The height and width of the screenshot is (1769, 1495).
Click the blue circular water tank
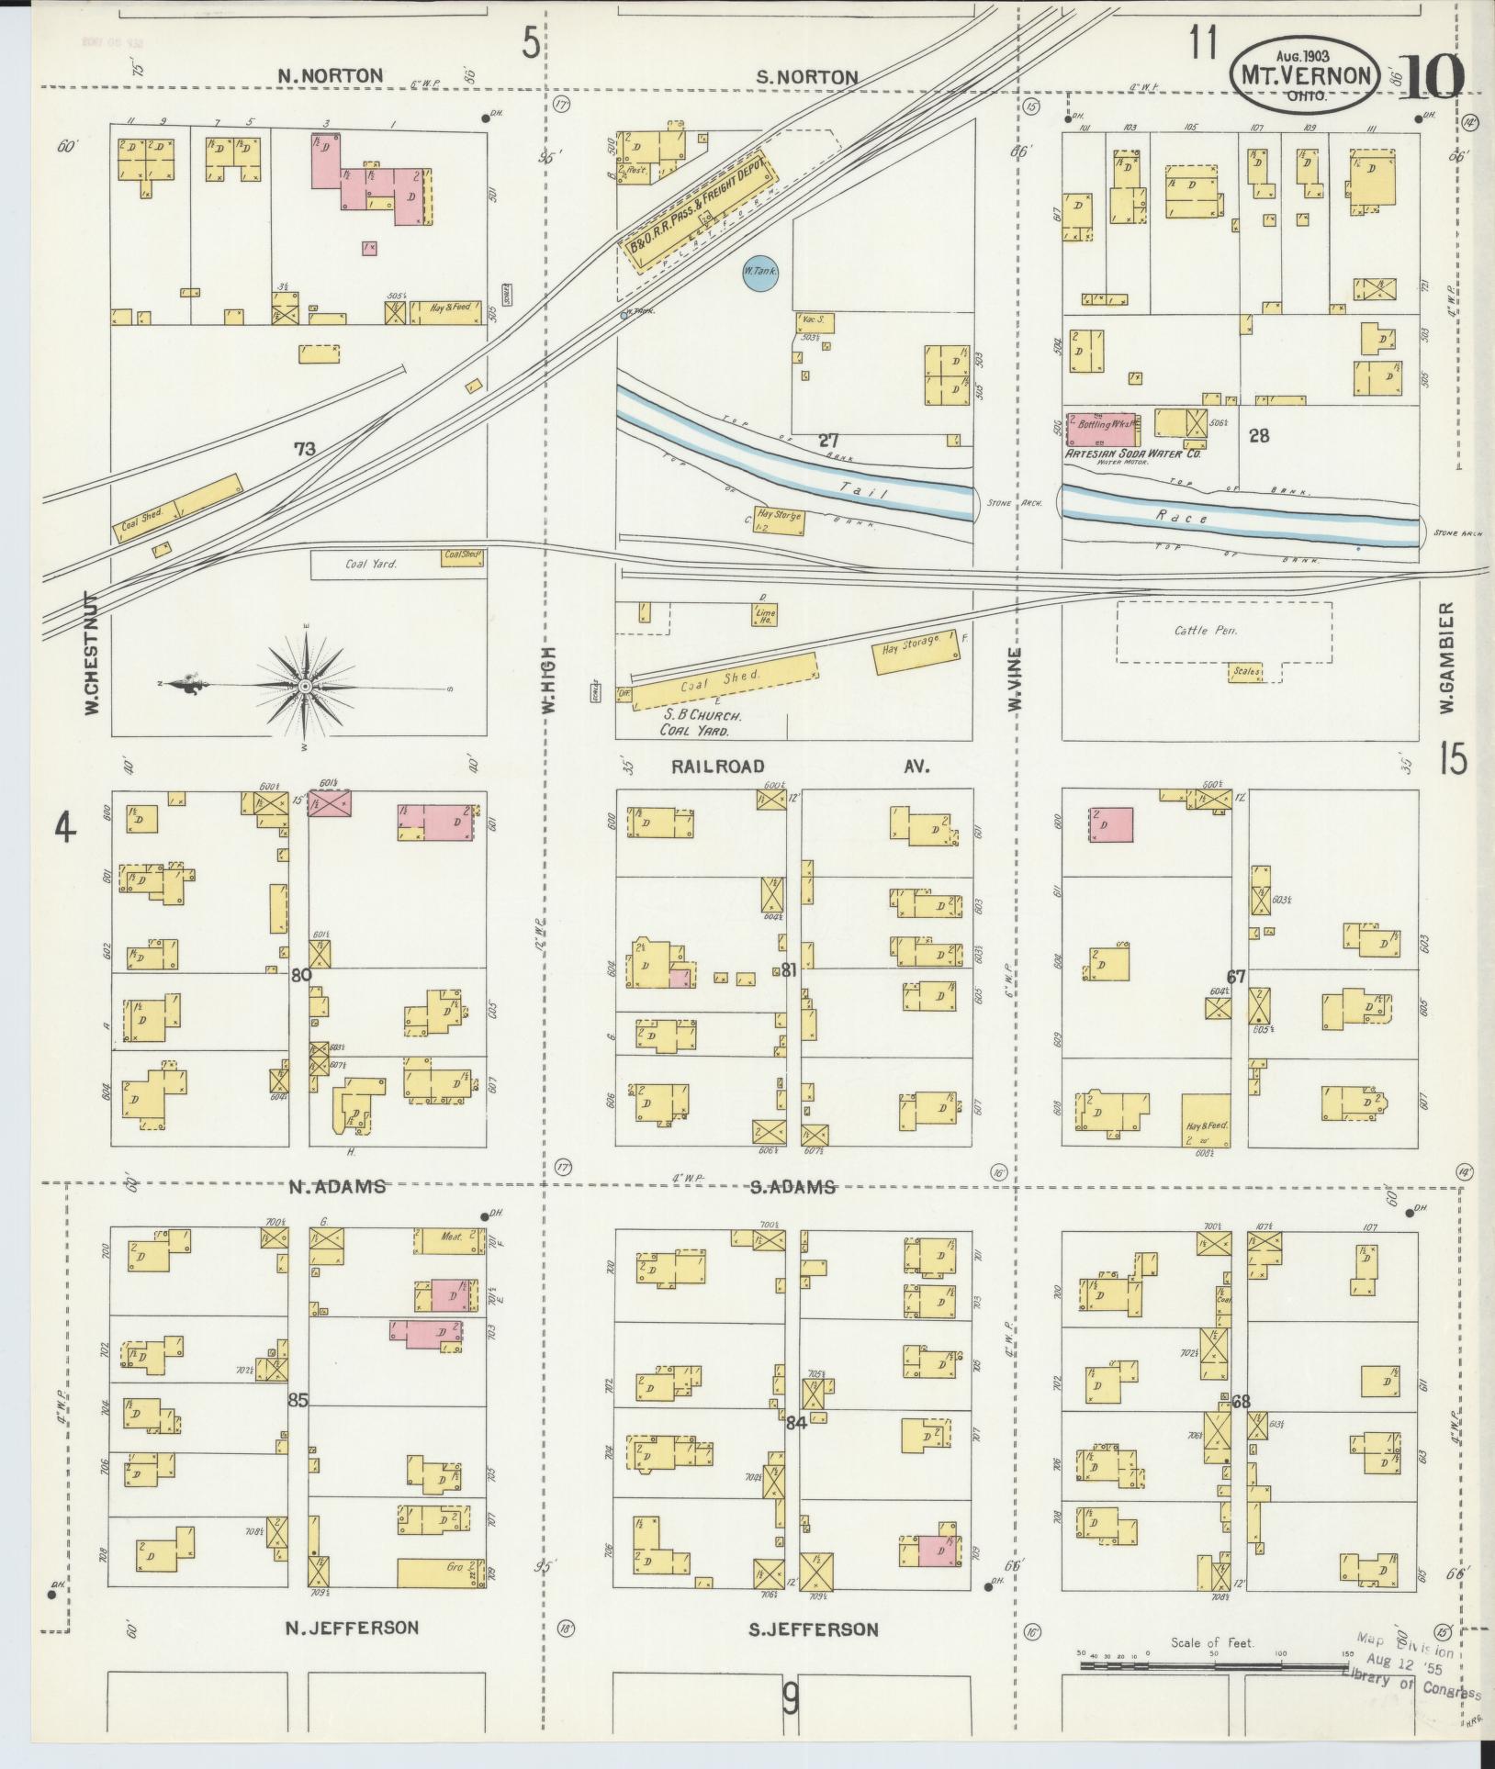click(x=759, y=274)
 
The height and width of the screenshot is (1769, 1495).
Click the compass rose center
click(x=303, y=686)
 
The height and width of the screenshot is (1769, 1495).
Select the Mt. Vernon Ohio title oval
click(x=1305, y=75)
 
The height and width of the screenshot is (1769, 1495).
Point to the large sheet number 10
click(x=1433, y=77)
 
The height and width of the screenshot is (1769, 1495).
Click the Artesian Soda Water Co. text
click(x=1133, y=453)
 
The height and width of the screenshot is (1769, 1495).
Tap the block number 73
click(x=305, y=449)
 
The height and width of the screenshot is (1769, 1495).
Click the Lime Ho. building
click(x=764, y=616)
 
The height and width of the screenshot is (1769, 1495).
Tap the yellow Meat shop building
click(x=447, y=1241)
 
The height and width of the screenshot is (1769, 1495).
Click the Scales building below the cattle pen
click(x=1246, y=673)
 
